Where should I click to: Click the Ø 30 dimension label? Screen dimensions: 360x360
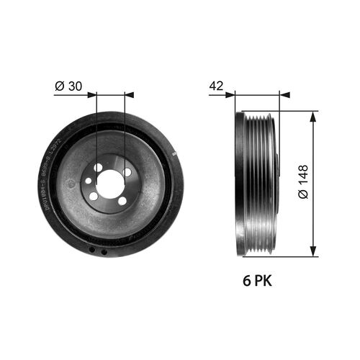[69, 85]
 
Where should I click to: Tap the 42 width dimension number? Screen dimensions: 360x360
[215, 85]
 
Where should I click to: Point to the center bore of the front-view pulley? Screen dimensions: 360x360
[110, 184]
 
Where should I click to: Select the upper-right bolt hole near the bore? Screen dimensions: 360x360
[127, 173]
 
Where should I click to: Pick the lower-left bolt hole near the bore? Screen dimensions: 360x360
[94, 196]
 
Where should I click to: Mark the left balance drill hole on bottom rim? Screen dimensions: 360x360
[91, 251]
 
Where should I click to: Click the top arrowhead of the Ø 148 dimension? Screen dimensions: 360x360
[313, 115]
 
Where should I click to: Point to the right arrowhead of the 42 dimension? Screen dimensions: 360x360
[284, 94]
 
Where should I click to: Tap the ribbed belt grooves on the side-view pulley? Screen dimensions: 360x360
[259, 184]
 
